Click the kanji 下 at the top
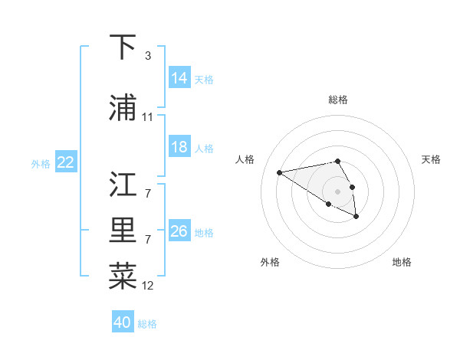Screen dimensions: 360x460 point(123,48)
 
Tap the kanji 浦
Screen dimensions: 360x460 point(123,108)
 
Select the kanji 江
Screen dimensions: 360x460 point(123,185)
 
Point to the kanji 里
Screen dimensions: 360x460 point(123,232)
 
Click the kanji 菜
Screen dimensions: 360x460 point(123,277)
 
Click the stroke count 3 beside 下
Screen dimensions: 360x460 point(147,56)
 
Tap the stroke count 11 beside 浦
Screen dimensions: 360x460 point(148,117)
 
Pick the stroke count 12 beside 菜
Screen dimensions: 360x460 point(148,286)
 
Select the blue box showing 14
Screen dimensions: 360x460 point(179,78)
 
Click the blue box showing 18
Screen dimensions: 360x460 point(179,147)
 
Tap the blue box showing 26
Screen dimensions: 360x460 point(179,231)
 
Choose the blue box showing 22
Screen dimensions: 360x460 point(66,162)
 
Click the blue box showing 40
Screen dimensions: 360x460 point(123,322)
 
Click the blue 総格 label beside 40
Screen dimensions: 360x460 point(148,324)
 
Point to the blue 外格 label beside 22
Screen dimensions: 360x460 point(41,163)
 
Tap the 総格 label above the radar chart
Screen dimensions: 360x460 point(338,100)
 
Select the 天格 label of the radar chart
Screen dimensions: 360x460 point(432,159)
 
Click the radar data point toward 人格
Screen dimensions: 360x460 point(280,172)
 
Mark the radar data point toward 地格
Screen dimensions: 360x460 point(356,217)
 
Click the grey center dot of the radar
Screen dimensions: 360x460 point(338,191)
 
